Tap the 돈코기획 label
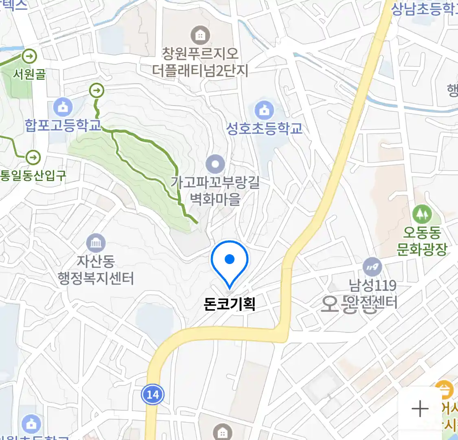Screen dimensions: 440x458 [230, 304]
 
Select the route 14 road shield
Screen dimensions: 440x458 [153, 394]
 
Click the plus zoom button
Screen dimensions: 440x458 [420, 409]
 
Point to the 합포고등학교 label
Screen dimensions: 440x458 [63, 125]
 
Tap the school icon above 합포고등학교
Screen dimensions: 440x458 [63, 108]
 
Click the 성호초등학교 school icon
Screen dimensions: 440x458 [264, 110]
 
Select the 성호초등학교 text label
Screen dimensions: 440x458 [264, 128]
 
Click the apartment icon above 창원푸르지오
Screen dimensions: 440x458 [200, 35]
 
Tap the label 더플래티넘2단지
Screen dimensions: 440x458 [200, 70]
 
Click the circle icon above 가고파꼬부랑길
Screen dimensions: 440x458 [215, 165]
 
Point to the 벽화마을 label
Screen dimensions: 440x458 [215, 199]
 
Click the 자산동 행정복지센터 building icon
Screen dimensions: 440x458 [96, 244]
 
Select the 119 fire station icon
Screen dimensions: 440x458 [372, 267]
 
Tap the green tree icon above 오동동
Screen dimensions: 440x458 [422, 213]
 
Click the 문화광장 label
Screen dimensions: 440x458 [422, 249]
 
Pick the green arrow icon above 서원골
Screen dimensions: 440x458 [29, 56]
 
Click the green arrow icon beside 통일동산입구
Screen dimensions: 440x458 [33, 157]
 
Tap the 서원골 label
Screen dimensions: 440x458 [29, 74]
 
